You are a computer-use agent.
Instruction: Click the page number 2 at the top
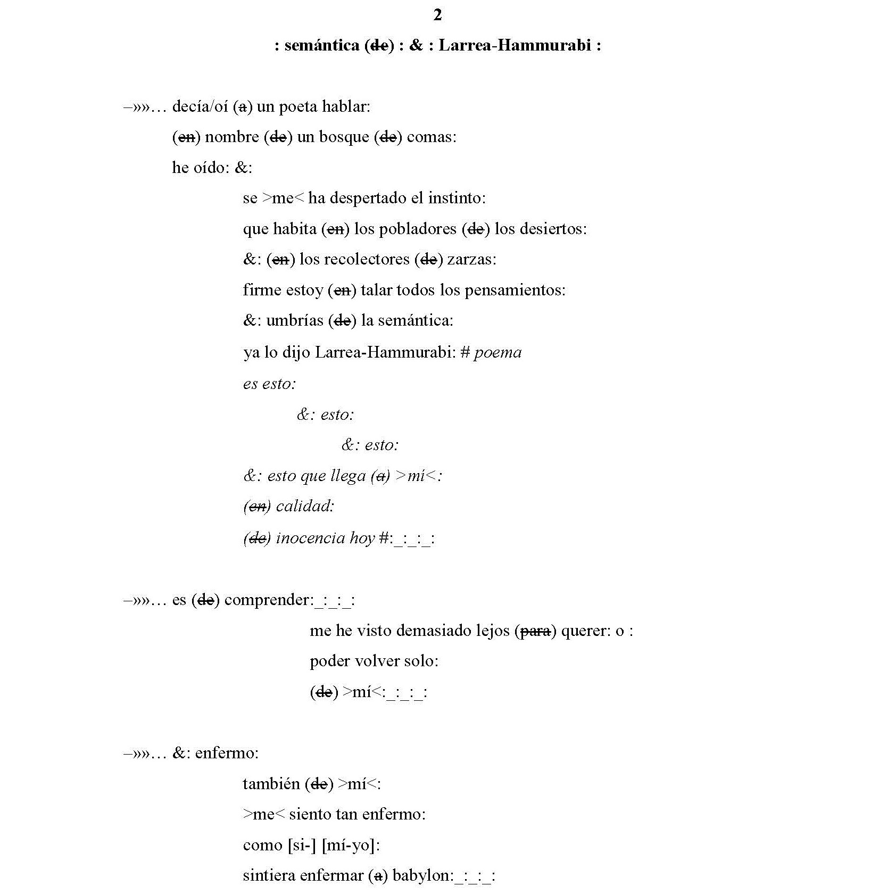(x=437, y=15)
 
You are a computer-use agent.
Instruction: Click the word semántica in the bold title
(x=322, y=46)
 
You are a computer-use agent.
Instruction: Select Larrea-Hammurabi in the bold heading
(x=515, y=46)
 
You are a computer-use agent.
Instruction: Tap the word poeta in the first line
(x=298, y=107)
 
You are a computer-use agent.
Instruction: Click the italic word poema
(x=498, y=352)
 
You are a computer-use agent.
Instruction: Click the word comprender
(x=267, y=600)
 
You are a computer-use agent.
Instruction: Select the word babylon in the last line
(x=422, y=876)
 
